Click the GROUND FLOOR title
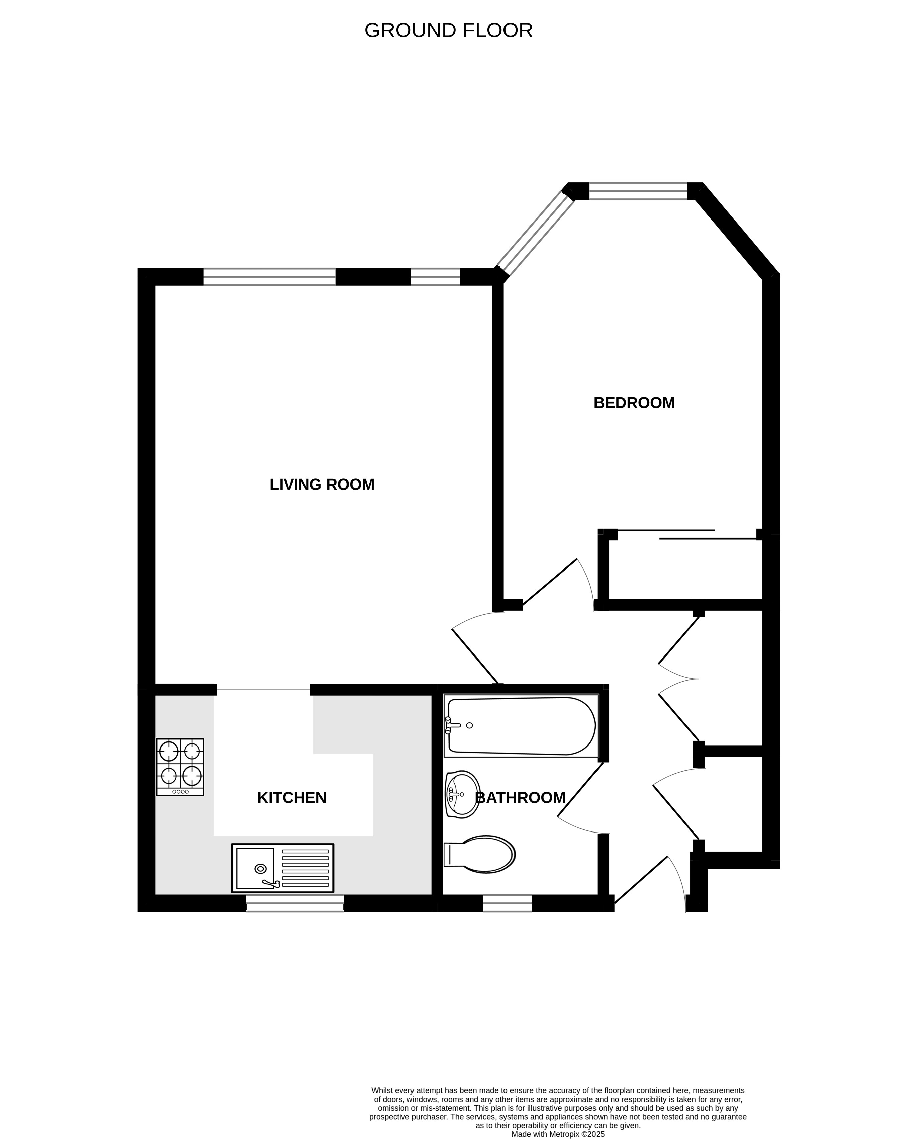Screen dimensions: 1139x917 449,31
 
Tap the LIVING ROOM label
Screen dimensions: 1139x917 322,485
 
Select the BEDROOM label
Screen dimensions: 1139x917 634,403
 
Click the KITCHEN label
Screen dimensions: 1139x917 292,798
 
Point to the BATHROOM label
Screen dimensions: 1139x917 520,798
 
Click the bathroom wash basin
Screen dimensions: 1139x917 462,794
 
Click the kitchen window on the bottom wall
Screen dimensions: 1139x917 295,903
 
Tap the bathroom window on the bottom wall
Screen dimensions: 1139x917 507,903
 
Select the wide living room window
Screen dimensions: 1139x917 269,277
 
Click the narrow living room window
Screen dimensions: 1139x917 435,277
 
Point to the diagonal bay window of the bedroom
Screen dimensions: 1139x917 535,234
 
